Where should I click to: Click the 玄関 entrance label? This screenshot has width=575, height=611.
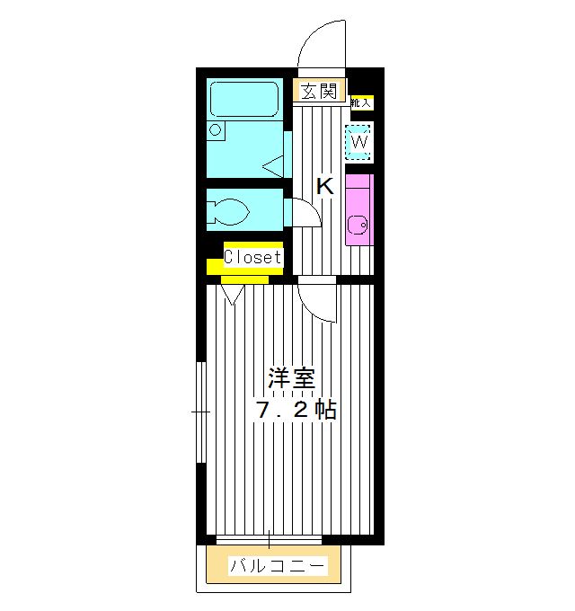coord(319,91)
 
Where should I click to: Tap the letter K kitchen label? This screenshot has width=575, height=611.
coord(324,187)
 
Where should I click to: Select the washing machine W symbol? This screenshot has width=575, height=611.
coord(359,142)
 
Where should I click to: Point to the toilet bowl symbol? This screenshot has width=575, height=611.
coord(228,213)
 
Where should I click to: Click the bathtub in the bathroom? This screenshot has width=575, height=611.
coord(244,102)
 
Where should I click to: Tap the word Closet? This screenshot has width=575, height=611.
coord(252,257)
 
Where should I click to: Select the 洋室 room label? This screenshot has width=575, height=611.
coord(290,378)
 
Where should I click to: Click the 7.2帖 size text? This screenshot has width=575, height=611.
coord(296,412)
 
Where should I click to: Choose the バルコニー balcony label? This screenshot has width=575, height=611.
coord(278,567)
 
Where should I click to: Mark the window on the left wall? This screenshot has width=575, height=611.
coord(202,411)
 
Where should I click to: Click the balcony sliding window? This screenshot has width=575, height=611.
coord(269,539)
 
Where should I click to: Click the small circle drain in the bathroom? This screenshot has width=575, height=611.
coord(216,129)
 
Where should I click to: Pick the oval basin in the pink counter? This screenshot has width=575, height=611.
coord(354,226)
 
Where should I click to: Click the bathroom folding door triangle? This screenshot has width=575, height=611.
coord(274,164)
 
